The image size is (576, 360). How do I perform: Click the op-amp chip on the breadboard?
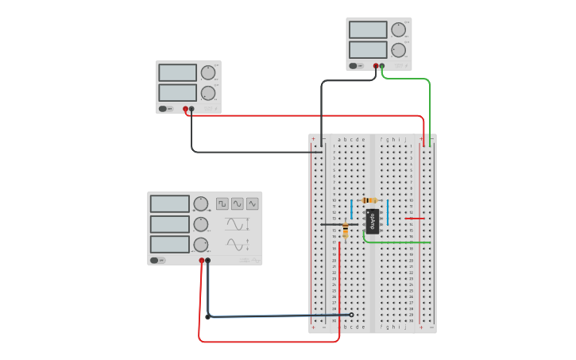point(373,220)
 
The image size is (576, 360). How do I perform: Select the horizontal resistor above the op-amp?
point(369,200)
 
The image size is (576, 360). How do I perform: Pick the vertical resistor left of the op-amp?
point(345,230)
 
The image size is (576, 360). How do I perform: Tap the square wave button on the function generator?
point(222,203)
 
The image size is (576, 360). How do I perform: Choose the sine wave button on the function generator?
point(238,203)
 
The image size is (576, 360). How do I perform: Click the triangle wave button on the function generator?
point(252,203)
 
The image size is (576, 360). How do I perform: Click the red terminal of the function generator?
point(202,260)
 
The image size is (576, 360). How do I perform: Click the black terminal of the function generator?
point(208,260)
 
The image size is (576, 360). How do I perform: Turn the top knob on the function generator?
point(201,203)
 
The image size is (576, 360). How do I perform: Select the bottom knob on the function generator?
point(201,244)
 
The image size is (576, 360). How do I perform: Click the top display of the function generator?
point(170,204)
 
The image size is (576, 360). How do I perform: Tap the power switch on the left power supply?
point(163,109)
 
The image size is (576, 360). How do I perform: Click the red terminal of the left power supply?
point(185,109)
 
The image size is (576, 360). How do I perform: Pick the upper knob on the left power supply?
point(208,72)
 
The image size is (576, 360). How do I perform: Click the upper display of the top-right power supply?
point(368,29)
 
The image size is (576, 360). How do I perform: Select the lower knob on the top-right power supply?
point(399,50)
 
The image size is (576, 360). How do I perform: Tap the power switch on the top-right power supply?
point(354,66)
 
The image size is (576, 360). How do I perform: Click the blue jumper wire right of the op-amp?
point(388,213)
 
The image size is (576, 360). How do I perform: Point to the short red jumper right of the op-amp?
point(415,218)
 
